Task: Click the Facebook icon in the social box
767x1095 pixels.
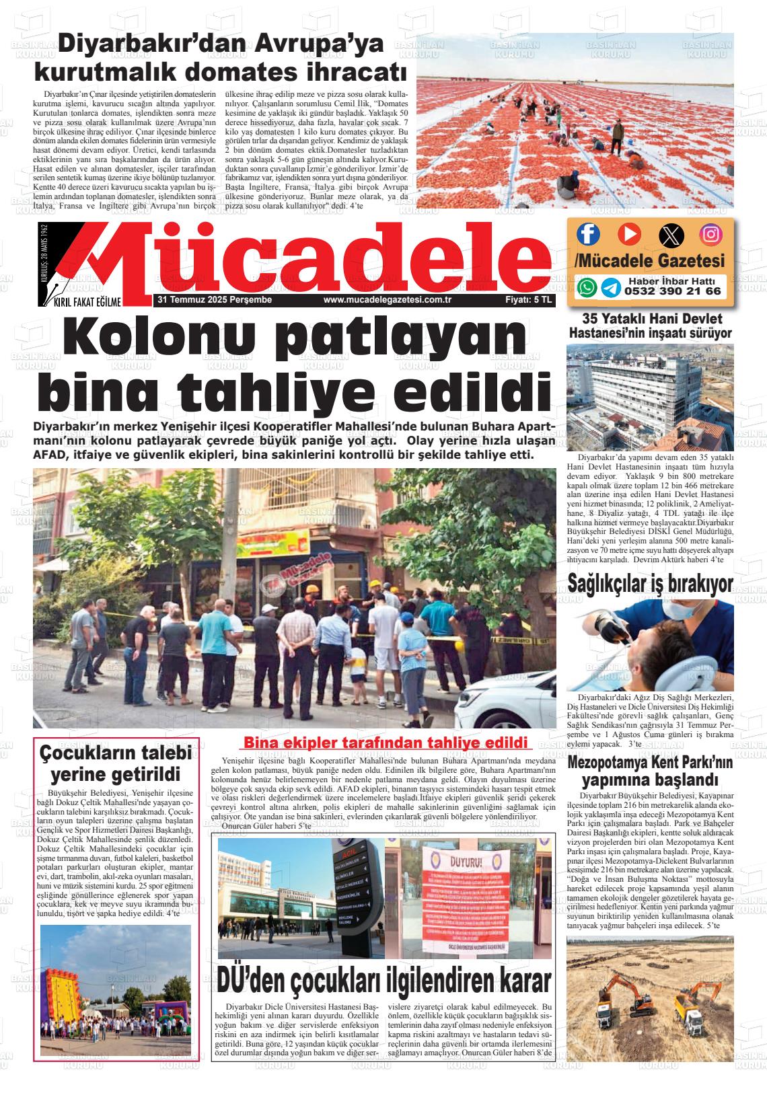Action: pyautogui.click(x=587, y=233)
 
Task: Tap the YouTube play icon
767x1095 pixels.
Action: pyautogui.click(x=629, y=233)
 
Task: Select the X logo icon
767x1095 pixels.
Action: pyautogui.click(x=670, y=234)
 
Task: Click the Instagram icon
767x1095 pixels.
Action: pyautogui.click(x=710, y=233)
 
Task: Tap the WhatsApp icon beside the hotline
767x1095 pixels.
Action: pyautogui.click(x=587, y=287)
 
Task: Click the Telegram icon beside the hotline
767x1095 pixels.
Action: pyautogui.click(x=610, y=288)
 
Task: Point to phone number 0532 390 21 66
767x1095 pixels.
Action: pyautogui.click(x=672, y=291)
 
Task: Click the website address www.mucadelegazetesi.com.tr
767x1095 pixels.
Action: pyautogui.click(x=386, y=300)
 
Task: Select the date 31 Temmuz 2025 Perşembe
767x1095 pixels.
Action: pyautogui.click(x=214, y=300)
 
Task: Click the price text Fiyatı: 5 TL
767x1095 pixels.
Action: pyautogui.click(x=528, y=300)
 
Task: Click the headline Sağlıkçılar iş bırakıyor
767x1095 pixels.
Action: pyautogui.click(x=650, y=583)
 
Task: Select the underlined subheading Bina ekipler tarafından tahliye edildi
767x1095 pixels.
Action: pyautogui.click(x=383, y=743)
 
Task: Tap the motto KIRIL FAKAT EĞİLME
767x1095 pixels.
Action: pyautogui.click(x=87, y=301)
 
